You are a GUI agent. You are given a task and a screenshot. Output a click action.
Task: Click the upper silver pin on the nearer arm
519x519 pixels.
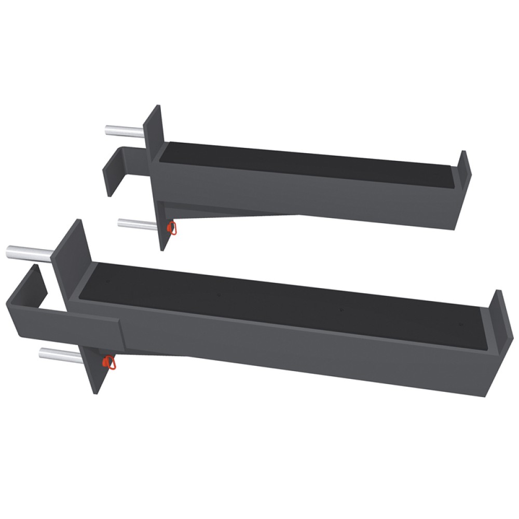[29, 252]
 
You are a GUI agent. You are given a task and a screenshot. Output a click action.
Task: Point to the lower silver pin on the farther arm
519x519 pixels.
[136, 224]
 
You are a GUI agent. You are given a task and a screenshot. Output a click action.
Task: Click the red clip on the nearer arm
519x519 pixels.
[110, 362]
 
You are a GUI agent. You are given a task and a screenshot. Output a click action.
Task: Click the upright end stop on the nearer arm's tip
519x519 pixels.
[496, 317]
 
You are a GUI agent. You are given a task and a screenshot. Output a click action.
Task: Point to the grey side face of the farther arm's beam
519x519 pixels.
[311, 197]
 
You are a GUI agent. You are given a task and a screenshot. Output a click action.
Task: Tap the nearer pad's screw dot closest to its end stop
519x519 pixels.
[460, 325]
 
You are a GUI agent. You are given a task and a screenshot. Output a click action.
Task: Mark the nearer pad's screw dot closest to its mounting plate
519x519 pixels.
[107, 281]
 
